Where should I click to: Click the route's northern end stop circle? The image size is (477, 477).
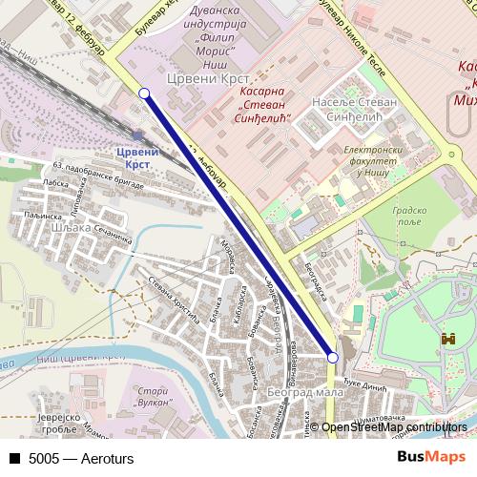144,93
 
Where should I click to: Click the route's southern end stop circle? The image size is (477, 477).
332,357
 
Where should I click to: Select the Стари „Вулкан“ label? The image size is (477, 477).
154,398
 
